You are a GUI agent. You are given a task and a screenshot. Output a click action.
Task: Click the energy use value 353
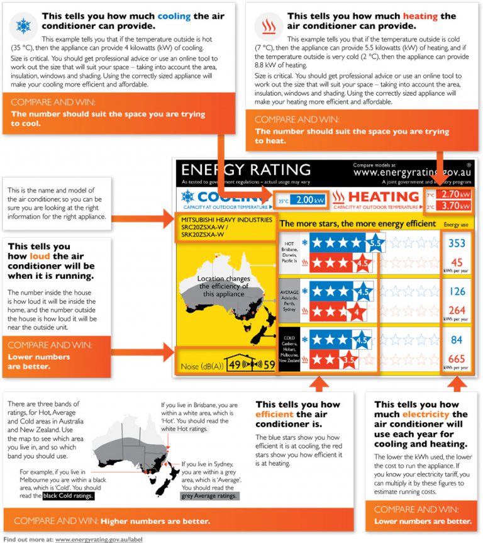pyautogui.click(x=457, y=244)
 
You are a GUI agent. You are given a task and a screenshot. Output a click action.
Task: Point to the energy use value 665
pyautogui.click(x=457, y=359)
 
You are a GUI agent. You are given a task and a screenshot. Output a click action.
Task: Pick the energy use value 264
pyautogui.click(x=457, y=310)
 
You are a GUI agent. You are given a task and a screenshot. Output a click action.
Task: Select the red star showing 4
pyautogui.click(x=356, y=311)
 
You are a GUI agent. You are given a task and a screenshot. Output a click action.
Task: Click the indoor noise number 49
pyautogui.click(x=235, y=364)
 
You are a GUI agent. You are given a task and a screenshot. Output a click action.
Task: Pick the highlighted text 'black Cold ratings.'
pyautogui.click(x=69, y=496)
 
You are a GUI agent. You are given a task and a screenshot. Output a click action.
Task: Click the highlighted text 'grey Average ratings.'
pyautogui.click(x=210, y=496)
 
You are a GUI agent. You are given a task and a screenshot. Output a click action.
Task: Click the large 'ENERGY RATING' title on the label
pyautogui.click(x=246, y=170)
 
